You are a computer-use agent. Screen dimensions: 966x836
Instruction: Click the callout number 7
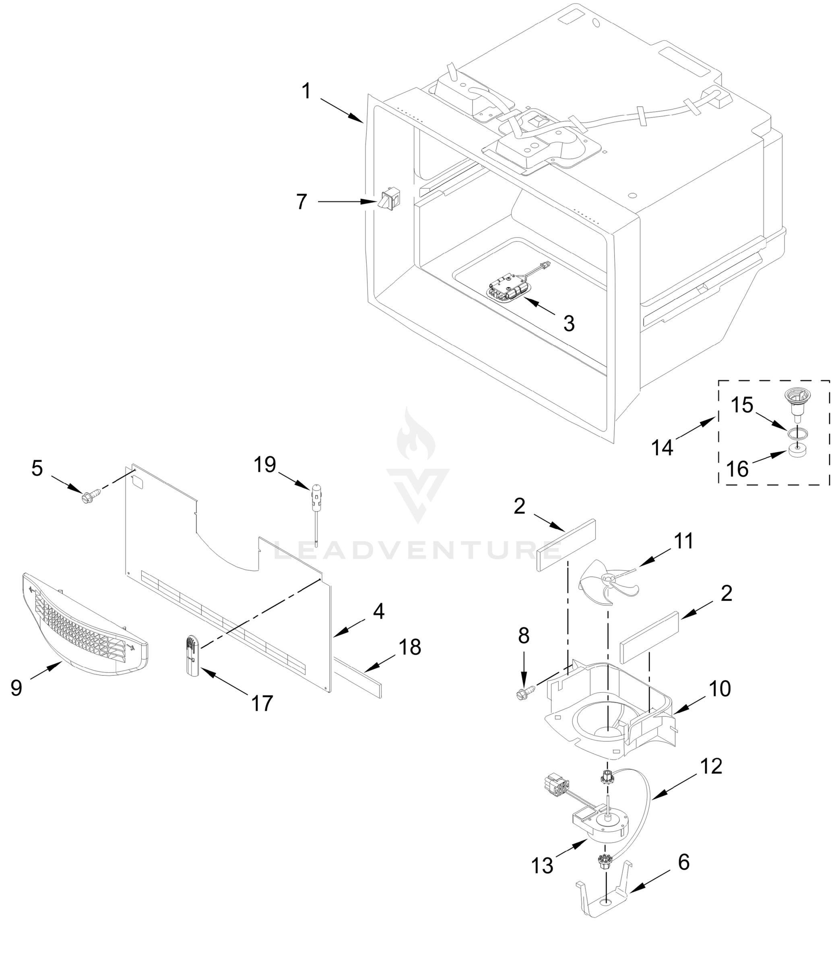point(302,202)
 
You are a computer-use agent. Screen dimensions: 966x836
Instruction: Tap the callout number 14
point(663,448)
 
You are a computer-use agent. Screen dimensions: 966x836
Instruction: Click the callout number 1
point(306,91)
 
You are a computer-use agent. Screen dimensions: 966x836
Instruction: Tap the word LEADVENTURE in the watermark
point(417,550)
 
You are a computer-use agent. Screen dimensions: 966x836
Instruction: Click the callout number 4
point(379,611)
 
